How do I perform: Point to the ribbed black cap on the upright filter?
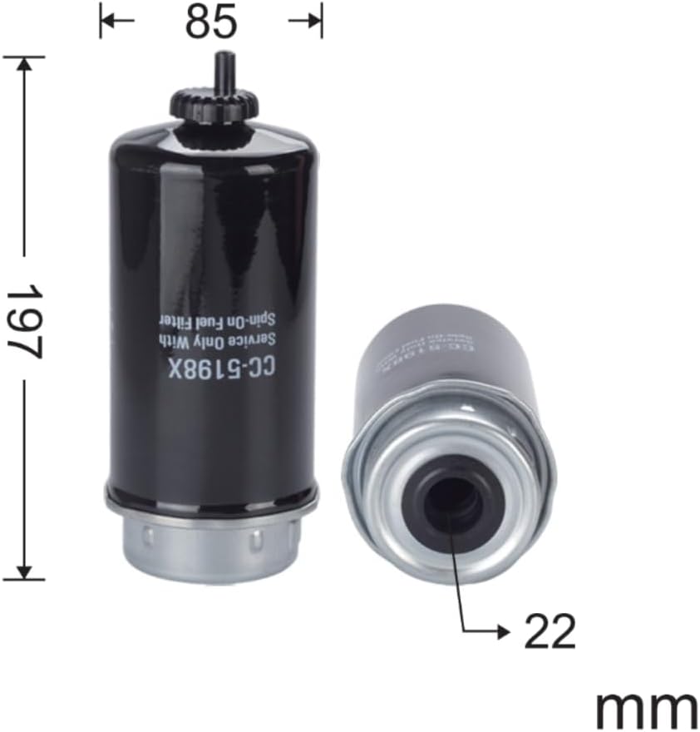point(214,105)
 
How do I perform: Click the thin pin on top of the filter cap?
point(223,70)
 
